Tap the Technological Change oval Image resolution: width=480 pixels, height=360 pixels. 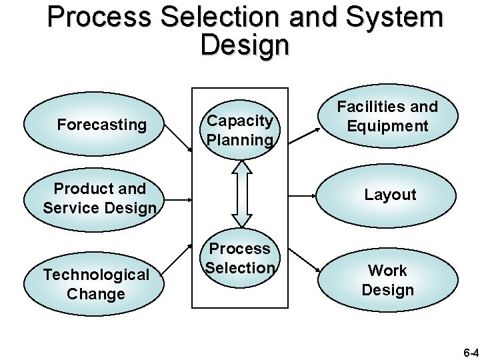click(x=96, y=284)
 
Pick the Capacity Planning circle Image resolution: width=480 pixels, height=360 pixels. click(x=239, y=129)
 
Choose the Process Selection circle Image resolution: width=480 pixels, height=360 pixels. click(x=239, y=258)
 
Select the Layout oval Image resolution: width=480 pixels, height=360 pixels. click(x=389, y=195)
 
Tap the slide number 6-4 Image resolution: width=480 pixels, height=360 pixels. click(x=471, y=351)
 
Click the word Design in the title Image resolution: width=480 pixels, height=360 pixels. click(x=244, y=45)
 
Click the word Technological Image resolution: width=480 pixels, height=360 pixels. click(x=96, y=275)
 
